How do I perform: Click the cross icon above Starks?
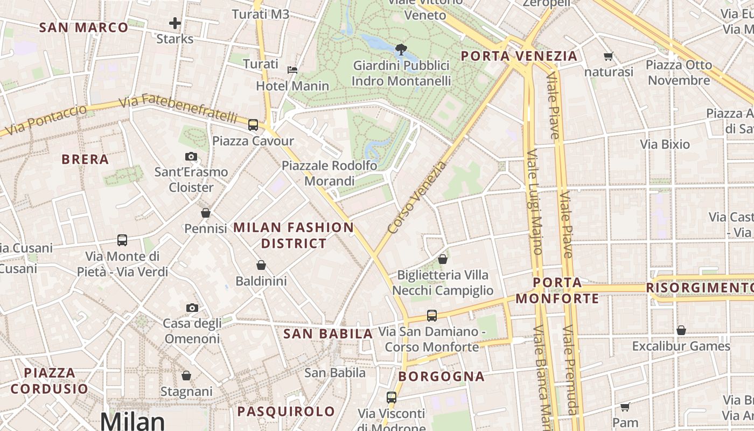174,23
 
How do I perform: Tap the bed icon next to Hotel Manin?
292,69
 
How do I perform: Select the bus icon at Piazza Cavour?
253,125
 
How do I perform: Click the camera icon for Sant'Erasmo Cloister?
191,157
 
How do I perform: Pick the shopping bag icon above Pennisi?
205,213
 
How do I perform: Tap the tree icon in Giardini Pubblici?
401,50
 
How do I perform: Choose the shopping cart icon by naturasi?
609,56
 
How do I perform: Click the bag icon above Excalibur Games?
681,330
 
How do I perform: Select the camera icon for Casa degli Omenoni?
192,308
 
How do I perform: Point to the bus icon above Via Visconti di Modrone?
392,398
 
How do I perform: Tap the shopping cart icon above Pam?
625,407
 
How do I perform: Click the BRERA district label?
85,159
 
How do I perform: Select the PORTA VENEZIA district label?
519,56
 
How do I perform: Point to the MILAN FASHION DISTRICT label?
294,235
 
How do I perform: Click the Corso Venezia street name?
417,197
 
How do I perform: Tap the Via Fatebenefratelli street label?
178,108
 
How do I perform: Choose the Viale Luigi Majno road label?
534,202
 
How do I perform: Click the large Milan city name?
132,421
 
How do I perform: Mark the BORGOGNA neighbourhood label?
442,377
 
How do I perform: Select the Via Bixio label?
665,144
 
